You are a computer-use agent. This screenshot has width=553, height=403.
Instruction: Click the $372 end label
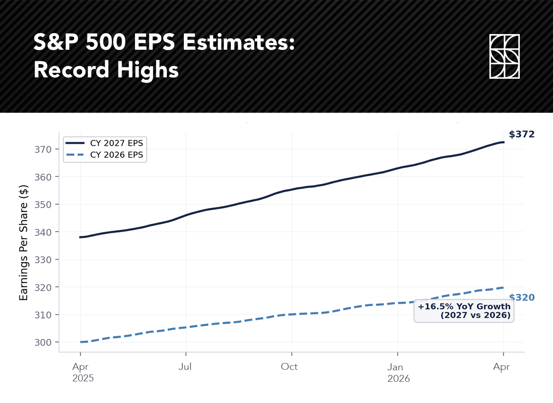(x=522, y=134)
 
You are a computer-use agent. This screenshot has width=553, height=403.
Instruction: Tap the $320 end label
(x=522, y=298)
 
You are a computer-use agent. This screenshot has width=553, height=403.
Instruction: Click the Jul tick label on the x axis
(x=186, y=367)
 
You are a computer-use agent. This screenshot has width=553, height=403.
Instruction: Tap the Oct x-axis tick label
(x=289, y=367)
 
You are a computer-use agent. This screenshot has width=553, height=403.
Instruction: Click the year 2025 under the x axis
(x=83, y=379)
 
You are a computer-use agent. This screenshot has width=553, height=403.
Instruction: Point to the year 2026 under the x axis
(x=399, y=379)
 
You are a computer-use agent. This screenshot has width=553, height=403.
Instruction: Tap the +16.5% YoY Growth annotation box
(x=464, y=311)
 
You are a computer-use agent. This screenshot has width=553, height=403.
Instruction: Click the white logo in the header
(x=504, y=56)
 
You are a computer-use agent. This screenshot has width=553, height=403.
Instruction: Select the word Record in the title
(x=72, y=70)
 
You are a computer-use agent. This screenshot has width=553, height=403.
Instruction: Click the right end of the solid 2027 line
(x=504, y=142)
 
